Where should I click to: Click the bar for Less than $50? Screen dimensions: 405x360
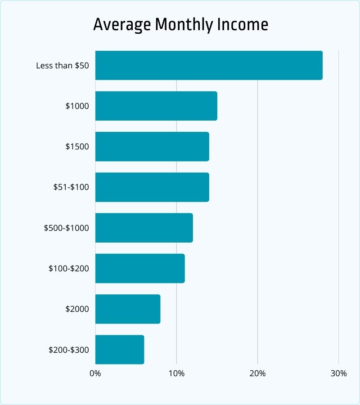209,65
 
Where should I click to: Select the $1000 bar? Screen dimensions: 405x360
156,106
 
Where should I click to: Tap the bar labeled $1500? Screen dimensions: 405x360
152,146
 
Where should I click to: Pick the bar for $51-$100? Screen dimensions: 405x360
152,187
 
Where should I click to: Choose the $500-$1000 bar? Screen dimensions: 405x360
144,228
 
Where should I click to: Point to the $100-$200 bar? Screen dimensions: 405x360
140,268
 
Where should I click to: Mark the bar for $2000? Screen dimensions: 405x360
128,309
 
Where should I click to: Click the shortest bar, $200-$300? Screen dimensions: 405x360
120,350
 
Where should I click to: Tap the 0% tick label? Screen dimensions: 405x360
95,373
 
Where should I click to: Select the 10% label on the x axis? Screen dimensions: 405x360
176,373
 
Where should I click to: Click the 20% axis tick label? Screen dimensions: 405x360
257,373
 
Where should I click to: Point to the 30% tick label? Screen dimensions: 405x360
338,373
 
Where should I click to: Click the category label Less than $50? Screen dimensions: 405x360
63,66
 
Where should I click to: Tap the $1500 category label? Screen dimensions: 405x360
77,147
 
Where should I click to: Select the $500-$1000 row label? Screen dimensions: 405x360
66,228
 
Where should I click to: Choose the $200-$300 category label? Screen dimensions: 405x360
68,350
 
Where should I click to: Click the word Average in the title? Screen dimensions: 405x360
121,25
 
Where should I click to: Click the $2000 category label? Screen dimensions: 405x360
77,309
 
